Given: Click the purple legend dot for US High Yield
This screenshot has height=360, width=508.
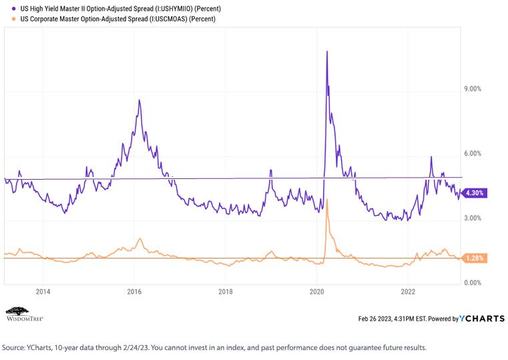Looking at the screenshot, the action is point(13,9).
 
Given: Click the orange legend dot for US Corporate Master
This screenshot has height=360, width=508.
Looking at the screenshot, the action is point(13,19).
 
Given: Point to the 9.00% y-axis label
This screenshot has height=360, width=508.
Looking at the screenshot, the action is point(473,89).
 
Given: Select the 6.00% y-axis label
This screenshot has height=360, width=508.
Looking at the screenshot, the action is point(473,154).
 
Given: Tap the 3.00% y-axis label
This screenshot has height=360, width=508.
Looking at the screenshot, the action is point(473,218).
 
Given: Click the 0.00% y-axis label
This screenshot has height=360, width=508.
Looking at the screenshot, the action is point(473,283).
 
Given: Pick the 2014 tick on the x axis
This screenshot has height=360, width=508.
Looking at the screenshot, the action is point(43,292).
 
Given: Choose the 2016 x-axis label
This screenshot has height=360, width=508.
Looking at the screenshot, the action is point(134,292).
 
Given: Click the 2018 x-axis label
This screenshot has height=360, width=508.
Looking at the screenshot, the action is point(226,292).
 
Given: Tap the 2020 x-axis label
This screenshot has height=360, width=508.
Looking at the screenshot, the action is point(317,292).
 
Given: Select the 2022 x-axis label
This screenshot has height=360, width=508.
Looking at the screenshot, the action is point(408,292).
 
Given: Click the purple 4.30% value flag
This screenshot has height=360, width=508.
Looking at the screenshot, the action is point(474,193).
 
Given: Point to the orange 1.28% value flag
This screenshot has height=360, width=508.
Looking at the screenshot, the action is point(474,258).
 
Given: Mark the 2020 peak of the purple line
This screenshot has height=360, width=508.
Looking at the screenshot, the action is point(327,51).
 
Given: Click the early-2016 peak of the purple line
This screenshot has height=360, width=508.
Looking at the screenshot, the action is point(140,100).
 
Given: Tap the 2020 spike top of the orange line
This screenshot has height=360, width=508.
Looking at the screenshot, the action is point(327,199).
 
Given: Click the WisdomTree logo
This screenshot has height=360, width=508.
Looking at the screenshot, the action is point(25,314).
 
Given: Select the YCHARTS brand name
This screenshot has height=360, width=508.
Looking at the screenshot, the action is point(482,319).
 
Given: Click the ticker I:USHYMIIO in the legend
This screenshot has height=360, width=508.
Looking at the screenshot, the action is point(175,9).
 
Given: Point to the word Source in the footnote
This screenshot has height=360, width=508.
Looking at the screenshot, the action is point(12,348).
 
